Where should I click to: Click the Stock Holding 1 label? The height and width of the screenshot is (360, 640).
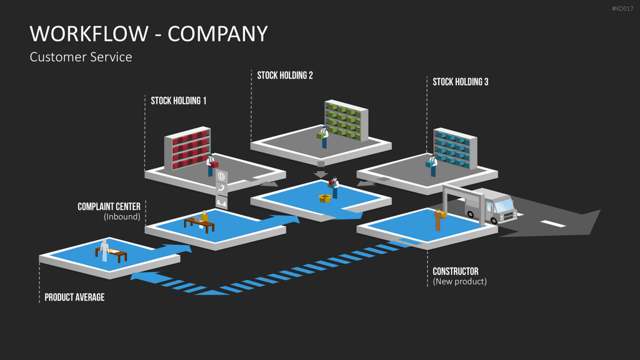(178, 101)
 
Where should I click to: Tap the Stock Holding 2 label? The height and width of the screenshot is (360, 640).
(285, 76)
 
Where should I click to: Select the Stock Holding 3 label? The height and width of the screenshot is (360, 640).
(461, 82)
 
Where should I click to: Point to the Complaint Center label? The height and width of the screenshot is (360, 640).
(109, 206)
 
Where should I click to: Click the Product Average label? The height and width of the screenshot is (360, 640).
(74, 297)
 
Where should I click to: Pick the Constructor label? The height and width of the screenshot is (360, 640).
(456, 271)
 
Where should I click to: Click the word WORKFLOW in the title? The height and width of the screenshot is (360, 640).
(89, 34)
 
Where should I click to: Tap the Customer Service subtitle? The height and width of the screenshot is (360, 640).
(81, 57)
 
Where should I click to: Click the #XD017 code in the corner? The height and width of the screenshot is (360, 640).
(622, 9)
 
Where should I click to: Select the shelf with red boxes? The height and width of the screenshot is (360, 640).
(187, 147)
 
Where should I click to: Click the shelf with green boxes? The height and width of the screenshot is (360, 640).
(346, 121)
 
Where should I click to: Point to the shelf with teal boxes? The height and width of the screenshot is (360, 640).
(455, 148)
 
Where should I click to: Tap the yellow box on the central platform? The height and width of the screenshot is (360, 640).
(324, 198)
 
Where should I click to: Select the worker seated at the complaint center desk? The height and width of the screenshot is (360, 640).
(204, 218)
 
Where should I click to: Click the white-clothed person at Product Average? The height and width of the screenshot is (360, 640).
(104, 250)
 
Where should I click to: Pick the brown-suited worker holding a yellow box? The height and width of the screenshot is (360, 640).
(439, 219)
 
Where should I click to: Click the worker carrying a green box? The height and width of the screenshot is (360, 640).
(323, 137)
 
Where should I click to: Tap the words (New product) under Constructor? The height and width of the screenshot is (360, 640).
(459, 281)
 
